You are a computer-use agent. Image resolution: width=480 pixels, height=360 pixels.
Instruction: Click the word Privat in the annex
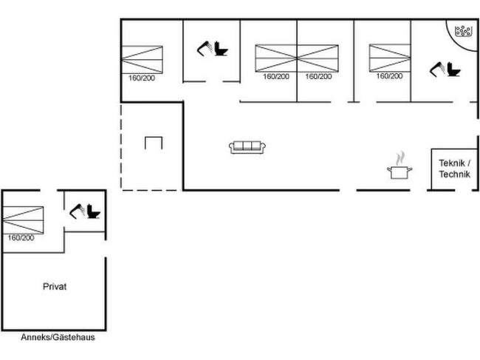pyautogui.click(x=55, y=287)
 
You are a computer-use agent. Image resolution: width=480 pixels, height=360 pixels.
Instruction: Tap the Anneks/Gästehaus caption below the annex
pyautogui.click(x=58, y=337)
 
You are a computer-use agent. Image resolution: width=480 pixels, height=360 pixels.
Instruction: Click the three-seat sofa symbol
pyautogui.click(x=247, y=147)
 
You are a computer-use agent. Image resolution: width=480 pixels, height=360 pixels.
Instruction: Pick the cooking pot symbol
pyautogui.click(x=399, y=172)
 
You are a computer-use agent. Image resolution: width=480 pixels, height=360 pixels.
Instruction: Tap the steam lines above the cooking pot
pyautogui.click(x=400, y=157)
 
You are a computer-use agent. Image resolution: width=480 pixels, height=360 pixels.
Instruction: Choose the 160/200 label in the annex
pyautogui.click(x=21, y=237)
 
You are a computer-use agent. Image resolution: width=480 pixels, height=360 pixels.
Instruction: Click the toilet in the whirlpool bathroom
pyautogui.click(x=447, y=69)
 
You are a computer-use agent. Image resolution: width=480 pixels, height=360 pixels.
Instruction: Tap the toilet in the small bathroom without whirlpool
pyautogui.click(x=213, y=49)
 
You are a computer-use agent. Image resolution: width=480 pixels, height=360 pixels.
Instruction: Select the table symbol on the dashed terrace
pyautogui.click(x=153, y=142)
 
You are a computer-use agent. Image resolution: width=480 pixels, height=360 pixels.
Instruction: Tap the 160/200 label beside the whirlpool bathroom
pyautogui.click(x=389, y=76)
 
